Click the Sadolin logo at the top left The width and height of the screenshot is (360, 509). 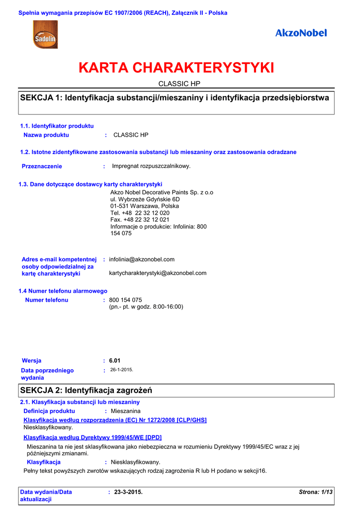tap(43, 35)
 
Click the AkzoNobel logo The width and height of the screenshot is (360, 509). tap(301, 33)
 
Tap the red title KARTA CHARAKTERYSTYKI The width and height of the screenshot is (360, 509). tap(177, 68)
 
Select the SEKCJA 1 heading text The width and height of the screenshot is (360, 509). tap(174, 98)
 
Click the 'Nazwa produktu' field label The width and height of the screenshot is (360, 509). tap(46, 135)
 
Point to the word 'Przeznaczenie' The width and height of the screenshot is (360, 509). tap(42, 167)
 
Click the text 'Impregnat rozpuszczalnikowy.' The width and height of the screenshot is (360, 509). tap(151, 166)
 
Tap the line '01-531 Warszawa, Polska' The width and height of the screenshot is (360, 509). tap(145, 206)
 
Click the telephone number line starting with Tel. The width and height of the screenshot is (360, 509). tap(140, 213)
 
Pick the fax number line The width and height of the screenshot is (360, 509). tap(140, 220)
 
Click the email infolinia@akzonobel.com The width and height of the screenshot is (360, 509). tap(142, 259)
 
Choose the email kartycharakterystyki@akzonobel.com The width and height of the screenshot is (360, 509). tap(158, 273)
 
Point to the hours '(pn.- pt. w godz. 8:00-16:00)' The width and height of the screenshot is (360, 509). tap(146, 307)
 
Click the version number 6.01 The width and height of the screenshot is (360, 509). tap(115, 360)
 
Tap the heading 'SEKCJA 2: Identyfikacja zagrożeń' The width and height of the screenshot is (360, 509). tap(86, 391)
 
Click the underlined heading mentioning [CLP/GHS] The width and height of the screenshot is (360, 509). tap(115, 420)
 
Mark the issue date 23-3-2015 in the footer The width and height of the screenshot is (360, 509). tap(128, 492)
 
